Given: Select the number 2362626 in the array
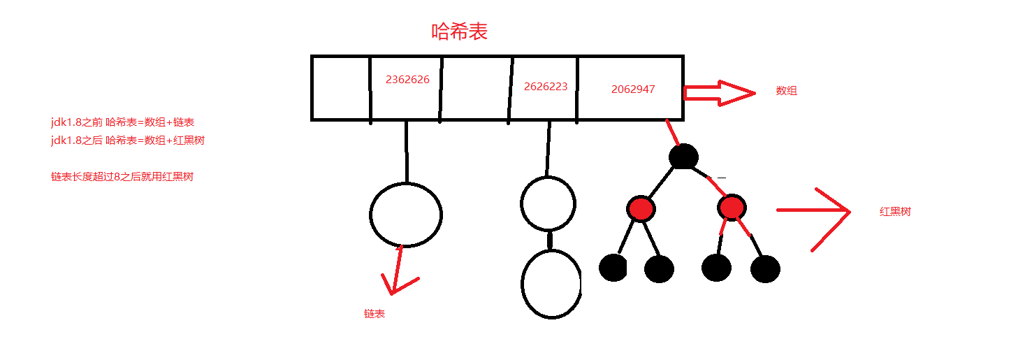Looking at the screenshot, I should [x=407, y=80].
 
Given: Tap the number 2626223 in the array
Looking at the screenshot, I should [x=546, y=87].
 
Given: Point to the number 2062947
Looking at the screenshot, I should [x=633, y=89].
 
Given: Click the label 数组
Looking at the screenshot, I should [x=786, y=91].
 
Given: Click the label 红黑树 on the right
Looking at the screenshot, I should [x=895, y=212].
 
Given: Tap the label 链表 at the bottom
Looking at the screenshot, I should [x=375, y=315].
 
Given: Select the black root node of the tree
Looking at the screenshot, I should [x=683, y=156].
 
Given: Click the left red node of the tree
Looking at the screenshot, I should [x=641, y=208].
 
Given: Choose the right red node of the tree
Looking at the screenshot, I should [x=731, y=208].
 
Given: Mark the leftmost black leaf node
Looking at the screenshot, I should [x=613, y=268].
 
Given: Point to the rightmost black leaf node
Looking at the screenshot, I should [x=765, y=269].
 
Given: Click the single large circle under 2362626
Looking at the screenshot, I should [x=405, y=215].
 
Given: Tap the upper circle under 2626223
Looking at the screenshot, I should [x=548, y=203].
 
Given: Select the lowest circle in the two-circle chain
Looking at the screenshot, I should [x=551, y=284].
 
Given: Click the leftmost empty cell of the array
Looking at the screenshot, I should [x=340, y=88].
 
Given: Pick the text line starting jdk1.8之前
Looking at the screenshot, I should [x=122, y=122].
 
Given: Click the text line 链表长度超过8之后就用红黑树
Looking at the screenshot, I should [x=122, y=178].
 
